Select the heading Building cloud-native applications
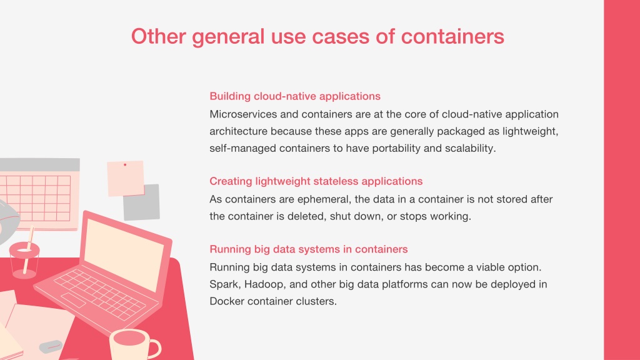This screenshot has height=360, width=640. pyautogui.click(x=295, y=96)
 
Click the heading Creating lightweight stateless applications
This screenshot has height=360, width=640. pyautogui.click(x=316, y=181)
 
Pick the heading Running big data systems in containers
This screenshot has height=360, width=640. pyautogui.click(x=309, y=249)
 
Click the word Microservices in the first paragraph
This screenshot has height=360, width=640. pyautogui.click(x=243, y=114)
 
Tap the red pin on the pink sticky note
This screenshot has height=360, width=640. pyautogui.click(x=125, y=165)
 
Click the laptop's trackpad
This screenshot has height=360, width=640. pyautogui.click(x=74, y=301)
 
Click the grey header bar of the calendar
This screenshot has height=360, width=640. pyautogui.click(x=39, y=164)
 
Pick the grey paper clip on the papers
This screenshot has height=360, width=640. pyautogui.click(x=51, y=346)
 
